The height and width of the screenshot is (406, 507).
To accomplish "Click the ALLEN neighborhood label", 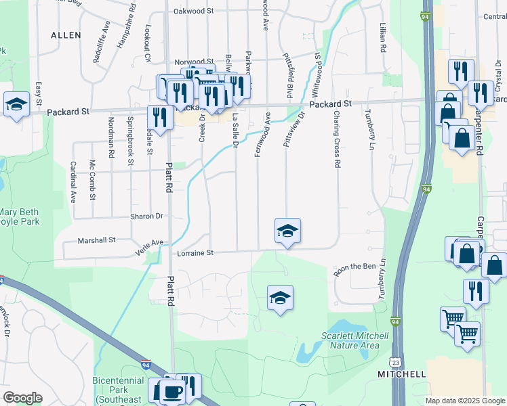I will (x=66, y=35).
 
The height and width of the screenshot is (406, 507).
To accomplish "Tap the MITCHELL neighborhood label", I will (x=402, y=374).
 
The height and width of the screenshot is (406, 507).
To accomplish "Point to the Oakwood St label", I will (x=193, y=12).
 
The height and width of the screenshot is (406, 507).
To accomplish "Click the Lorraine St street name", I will (x=195, y=252).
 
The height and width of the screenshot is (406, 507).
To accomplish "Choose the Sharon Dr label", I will (x=147, y=217).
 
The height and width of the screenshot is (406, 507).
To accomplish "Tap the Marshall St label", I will (x=97, y=240).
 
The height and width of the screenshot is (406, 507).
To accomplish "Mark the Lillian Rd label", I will (x=382, y=38).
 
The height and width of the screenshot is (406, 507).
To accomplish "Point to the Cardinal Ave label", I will (x=73, y=182).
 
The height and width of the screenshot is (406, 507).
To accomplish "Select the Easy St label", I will (x=39, y=94).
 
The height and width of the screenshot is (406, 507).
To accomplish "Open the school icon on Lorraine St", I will (x=287, y=231).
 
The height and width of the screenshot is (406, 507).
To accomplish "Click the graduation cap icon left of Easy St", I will (x=16, y=104).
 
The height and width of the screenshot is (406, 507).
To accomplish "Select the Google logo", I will (x=22, y=398).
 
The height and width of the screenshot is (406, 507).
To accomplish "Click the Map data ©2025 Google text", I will (x=464, y=401).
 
